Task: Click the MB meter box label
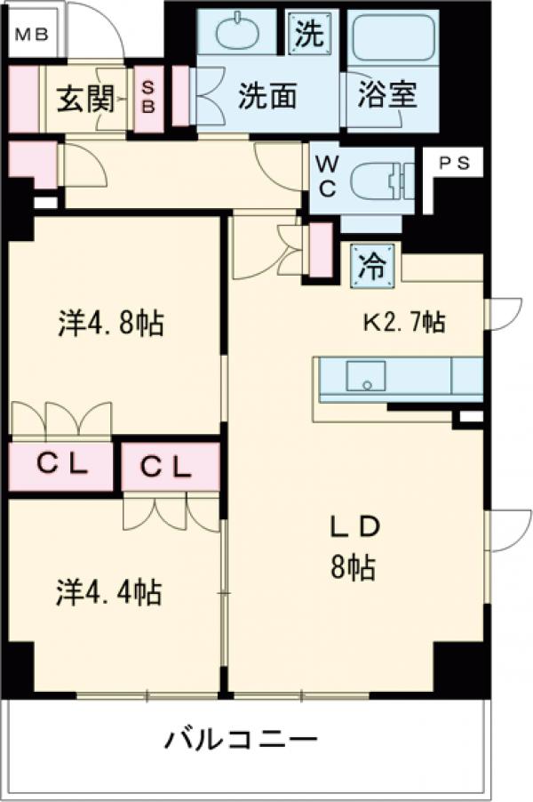32,36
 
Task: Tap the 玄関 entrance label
84,99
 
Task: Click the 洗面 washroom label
266,97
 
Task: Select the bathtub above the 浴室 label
394,38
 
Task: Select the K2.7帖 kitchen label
402,320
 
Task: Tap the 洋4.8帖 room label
111,324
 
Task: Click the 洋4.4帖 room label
109,590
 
